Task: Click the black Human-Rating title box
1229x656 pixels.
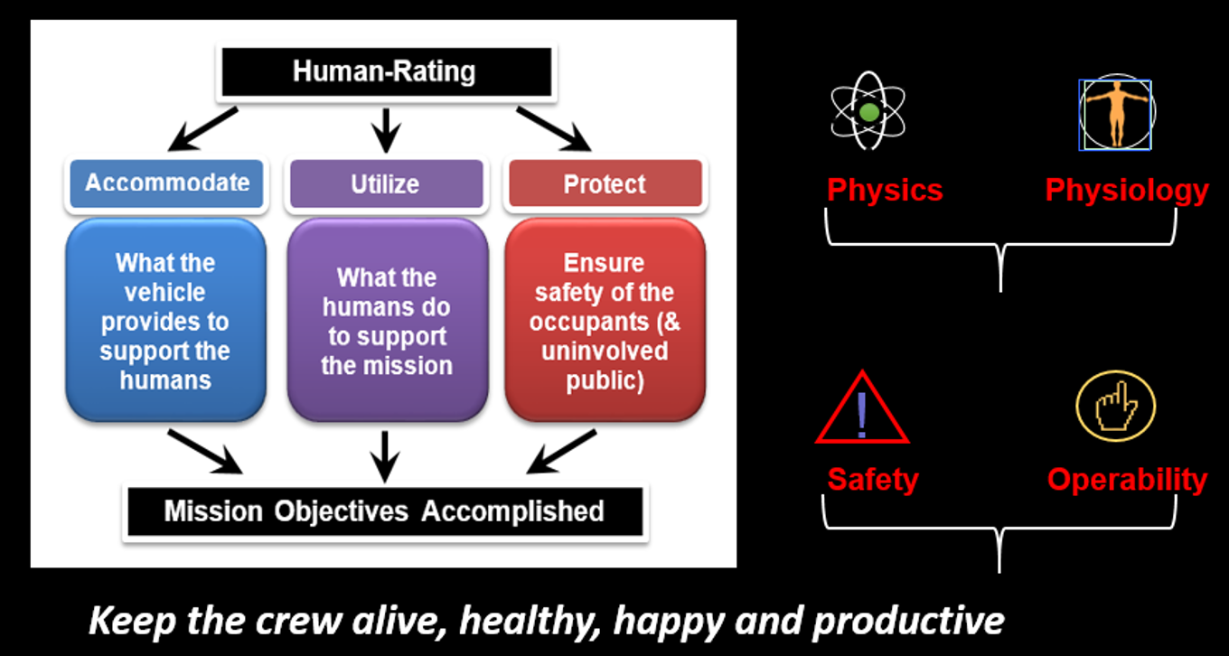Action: point(386,72)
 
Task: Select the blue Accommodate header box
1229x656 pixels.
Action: point(166,183)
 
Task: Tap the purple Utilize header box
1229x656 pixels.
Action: point(386,183)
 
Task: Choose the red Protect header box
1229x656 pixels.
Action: point(605,183)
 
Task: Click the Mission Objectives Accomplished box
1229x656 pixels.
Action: point(385,511)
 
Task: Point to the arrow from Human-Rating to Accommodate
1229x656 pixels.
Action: point(202,129)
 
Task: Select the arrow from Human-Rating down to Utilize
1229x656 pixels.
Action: point(386,130)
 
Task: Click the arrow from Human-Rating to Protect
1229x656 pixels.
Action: point(554,129)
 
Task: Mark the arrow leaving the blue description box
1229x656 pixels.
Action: point(205,452)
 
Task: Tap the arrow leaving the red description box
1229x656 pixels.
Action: point(560,452)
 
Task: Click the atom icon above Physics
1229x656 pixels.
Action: point(868,111)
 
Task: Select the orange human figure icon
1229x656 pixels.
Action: point(1117,114)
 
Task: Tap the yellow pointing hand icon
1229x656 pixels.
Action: point(1116,407)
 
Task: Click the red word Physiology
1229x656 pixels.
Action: point(1127,192)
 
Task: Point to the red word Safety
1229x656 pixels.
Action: point(873,480)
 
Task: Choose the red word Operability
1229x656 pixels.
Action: point(1128,481)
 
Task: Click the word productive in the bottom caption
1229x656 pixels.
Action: point(908,622)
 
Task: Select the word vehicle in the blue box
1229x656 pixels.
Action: point(164,293)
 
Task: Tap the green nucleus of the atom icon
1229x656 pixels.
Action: point(869,112)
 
